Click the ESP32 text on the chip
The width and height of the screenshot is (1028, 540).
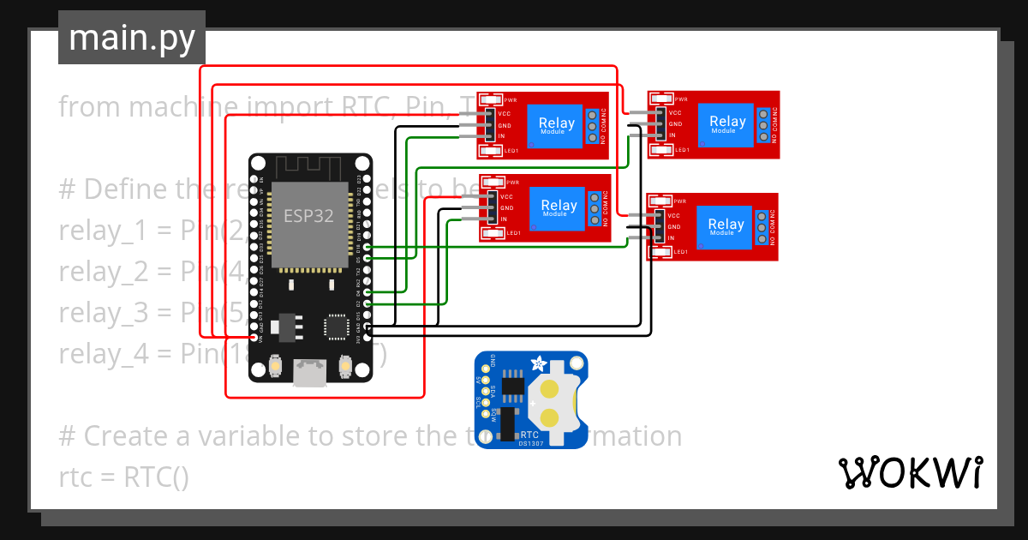point(309,215)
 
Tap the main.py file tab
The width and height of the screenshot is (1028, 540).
point(131,38)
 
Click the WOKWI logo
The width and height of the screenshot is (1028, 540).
point(910,472)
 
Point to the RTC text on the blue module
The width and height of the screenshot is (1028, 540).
point(529,435)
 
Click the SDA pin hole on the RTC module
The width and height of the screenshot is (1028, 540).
point(485,391)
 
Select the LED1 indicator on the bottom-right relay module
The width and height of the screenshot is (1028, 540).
point(660,252)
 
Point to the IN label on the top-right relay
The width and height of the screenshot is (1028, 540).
point(672,135)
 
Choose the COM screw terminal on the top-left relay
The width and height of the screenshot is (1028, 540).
point(592,125)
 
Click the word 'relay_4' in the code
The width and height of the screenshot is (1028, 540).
point(90,352)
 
